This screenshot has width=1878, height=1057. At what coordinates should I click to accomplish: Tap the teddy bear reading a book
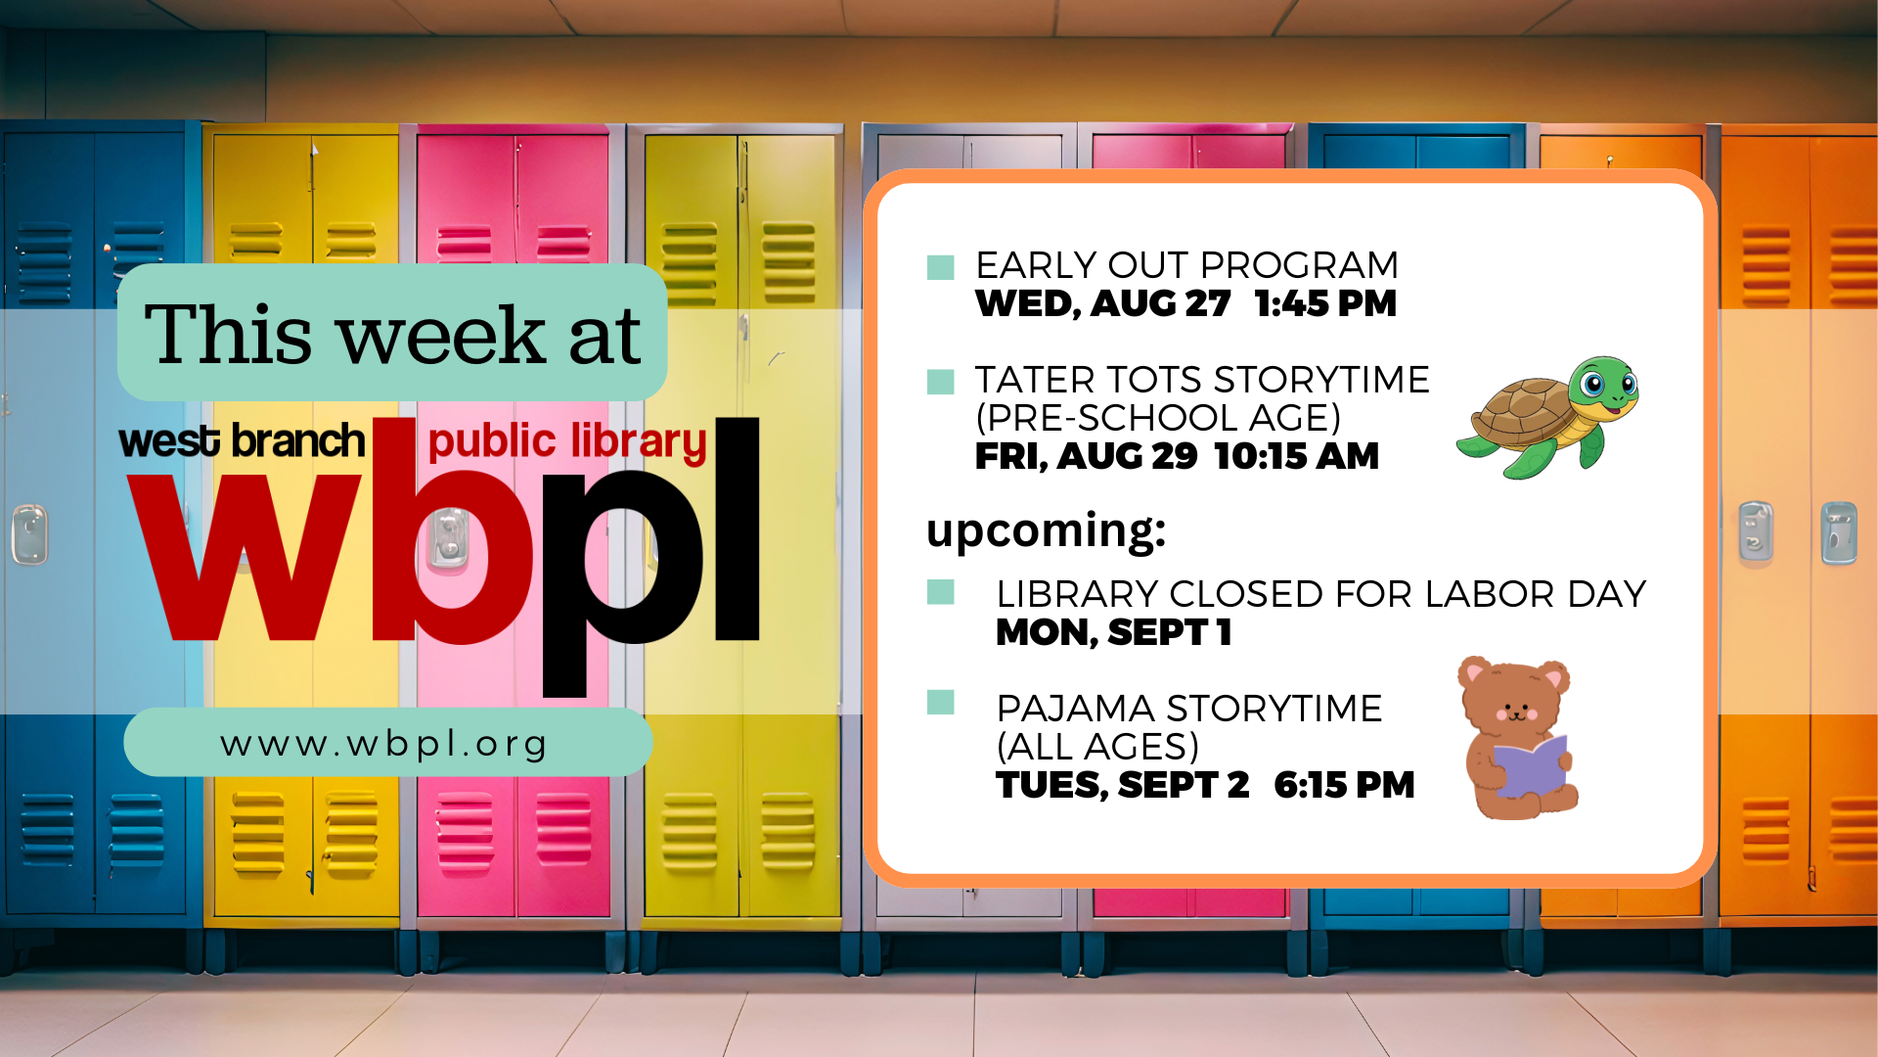tap(1517, 738)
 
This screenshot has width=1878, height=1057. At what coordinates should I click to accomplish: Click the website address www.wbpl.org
tap(383, 745)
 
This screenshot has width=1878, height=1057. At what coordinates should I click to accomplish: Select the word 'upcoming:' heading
tap(1046, 531)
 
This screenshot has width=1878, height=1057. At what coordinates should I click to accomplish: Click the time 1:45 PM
tap(1325, 303)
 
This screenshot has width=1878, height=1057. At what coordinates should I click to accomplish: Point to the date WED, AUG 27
tap(1102, 304)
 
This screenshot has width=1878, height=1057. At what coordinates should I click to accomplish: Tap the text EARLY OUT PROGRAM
tap(1186, 264)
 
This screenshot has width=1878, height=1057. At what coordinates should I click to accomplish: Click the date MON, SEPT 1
tap(1113, 632)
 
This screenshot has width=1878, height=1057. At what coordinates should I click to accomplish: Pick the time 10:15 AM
tap(1296, 456)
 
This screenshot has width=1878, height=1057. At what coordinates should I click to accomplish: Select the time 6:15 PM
tap(1344, 785)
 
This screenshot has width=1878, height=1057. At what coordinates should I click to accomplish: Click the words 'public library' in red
tap(567, 442)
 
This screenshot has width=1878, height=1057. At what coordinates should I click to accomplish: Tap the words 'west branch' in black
tap(242, 440)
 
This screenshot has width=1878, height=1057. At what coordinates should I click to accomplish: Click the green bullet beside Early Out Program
tap(940, 267)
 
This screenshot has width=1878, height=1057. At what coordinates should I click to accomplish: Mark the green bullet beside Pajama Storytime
tap(940, 702)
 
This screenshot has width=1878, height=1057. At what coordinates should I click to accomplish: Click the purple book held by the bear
tap(1530, 766)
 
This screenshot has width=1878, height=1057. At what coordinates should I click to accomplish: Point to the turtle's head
tap(1603, 384)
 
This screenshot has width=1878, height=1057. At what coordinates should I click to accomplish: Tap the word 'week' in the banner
tap(440, 336)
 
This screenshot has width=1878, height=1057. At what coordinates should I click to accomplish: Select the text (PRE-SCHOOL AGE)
tap(1158, 418)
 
